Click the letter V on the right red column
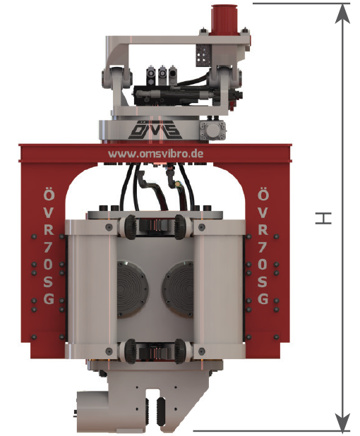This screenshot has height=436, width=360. click(x=263, y=212)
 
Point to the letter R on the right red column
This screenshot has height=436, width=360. click(x=263, y=229)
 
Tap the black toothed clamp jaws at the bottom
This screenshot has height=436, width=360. click(x=156, y=409)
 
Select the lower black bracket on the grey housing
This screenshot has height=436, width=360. click(x=155, y=349)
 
